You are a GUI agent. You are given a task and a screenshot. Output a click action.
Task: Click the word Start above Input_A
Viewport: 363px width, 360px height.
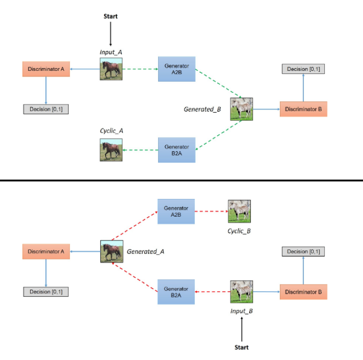110,16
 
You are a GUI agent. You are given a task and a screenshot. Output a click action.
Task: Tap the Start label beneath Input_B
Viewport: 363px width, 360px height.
241,347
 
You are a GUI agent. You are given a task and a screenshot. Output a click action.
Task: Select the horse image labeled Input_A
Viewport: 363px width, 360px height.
111,69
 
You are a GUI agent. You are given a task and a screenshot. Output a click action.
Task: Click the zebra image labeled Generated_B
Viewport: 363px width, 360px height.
241,109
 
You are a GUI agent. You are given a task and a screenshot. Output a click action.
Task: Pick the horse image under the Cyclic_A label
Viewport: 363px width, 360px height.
111,150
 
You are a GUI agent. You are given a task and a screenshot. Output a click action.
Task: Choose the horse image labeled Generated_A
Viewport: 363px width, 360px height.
111,251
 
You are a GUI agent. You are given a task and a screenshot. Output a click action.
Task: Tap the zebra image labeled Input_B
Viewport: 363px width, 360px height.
241,292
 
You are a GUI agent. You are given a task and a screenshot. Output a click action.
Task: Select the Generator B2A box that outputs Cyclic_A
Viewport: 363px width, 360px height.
176,150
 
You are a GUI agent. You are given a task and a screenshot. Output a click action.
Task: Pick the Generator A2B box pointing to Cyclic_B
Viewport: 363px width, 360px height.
176,211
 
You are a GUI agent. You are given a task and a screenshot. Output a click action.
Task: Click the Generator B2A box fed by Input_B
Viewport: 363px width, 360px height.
176,292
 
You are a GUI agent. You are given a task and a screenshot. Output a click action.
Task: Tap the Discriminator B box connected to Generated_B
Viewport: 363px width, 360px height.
303,109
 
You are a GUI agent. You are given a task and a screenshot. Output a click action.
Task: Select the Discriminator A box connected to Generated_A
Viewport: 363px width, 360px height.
46,251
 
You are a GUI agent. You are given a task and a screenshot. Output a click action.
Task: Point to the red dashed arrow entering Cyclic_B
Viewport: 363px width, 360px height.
212,211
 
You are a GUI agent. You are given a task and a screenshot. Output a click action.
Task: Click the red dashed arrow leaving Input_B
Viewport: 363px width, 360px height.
213,292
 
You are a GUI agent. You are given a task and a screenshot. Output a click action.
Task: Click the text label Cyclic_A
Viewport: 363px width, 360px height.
111,131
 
